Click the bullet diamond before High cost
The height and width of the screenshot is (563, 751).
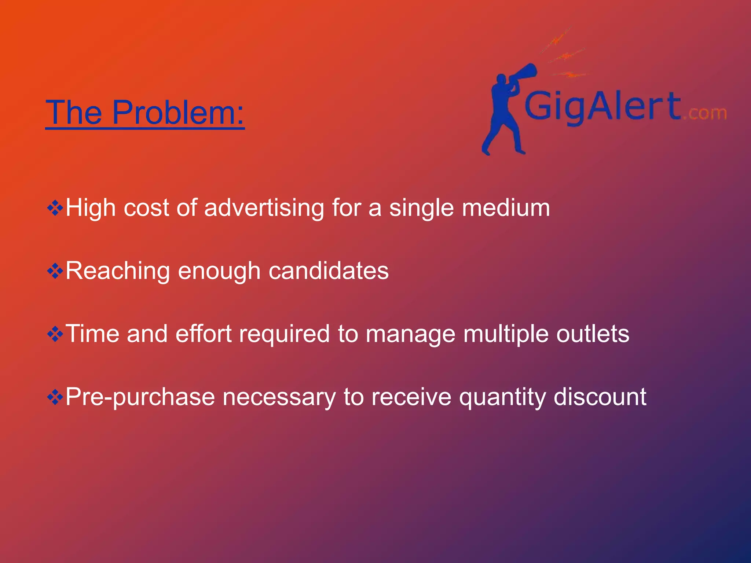pyautogui.click(x=55, y=208)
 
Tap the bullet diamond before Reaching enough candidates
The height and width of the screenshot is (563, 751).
pyautogui.click(x=55, y=271)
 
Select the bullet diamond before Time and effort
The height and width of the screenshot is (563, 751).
pyautogui.click(x=55, y=334)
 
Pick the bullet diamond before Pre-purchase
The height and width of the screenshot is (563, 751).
pyautogui.click(x=55, y=397)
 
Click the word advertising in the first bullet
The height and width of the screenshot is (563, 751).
pyautogui.click(x=264, y=208)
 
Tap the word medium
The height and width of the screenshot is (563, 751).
pyautogui.click(x=506, y=208)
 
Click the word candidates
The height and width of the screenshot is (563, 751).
pyautogui.click(x=329, y=271)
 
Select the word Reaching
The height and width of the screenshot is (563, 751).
pyautogui.click(x=117, y=271)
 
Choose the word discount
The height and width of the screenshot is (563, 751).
pyautogui.click(x=600, y=397)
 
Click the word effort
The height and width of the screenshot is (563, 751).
pyautogui.click(x=204, y=334)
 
